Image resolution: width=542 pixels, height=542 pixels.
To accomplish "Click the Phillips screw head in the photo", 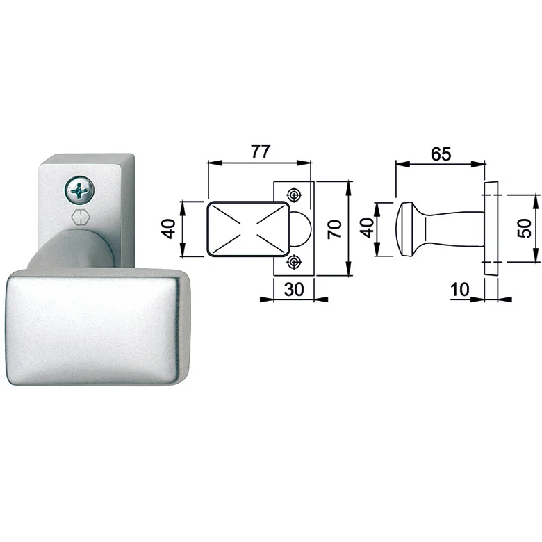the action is [79, 190].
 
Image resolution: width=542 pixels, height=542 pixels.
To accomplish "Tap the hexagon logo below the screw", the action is [80, 219].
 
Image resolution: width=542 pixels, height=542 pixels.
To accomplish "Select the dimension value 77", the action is [260, 151].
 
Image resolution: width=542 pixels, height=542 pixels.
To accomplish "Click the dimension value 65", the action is [441, 154].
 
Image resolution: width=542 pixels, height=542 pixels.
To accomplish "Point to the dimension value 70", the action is [335, 229].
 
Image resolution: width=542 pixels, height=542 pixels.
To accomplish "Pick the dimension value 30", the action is [294, 289].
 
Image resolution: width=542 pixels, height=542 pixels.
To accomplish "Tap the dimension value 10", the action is [460, 289].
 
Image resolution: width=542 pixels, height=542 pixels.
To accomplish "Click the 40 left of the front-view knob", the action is [170, 229].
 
